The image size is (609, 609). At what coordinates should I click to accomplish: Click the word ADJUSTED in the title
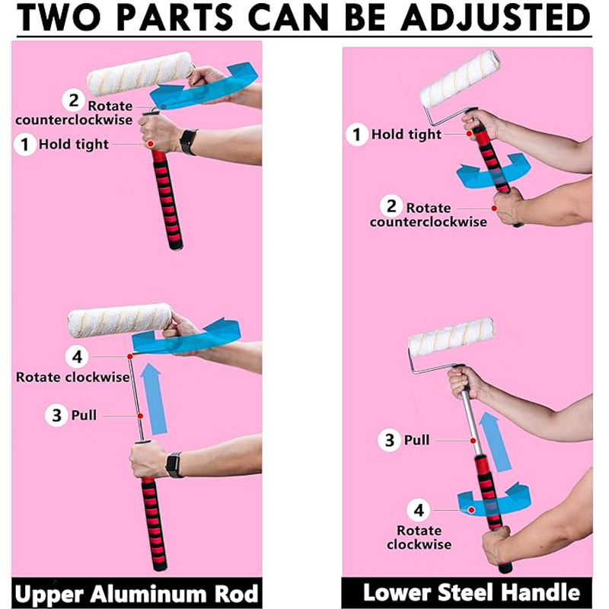(496, 17)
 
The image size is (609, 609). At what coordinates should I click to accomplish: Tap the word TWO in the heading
(59, 17)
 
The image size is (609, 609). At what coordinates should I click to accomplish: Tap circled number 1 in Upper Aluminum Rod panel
(25, 145)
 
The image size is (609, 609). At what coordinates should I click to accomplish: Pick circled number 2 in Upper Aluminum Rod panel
(73, 100)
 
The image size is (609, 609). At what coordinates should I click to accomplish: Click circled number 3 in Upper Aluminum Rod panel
(56, 416)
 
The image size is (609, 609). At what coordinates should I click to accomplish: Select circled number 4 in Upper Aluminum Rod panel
(77, 356)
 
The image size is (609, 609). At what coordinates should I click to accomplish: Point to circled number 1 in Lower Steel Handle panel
(356, 135)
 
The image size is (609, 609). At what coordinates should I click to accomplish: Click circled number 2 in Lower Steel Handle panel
(391, 206)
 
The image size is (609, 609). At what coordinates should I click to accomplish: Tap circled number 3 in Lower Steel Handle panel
(389, 440)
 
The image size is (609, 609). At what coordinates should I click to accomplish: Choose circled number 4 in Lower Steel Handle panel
(418, 510)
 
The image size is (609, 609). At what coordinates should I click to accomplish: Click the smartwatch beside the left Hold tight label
(188, 142)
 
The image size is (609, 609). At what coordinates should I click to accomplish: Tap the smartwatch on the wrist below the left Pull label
(174, 465)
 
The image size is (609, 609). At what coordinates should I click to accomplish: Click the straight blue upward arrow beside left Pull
(155, 399)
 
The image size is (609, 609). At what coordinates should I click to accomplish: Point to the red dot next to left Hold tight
(151, 144)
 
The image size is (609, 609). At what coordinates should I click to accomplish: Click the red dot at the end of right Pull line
(473, 441)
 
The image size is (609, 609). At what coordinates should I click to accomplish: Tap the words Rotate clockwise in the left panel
(72, 377)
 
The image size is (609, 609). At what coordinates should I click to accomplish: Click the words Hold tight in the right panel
(407, 135)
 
